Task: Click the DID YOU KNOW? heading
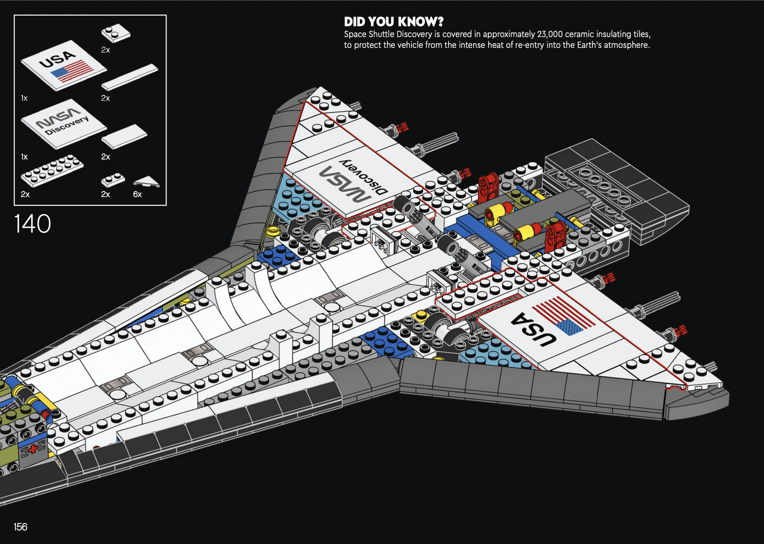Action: pyautogui.click(x=394, y=22)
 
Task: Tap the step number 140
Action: pyautogui.click(x=32, y=224)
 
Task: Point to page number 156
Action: pyautogui.click(x=20, y=527)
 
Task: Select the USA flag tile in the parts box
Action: pyautogui.click(x=63, y=65)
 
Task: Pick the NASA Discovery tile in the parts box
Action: pyautogui.click(x=63, y=124)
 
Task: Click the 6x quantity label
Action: pyautogui.click(x=137, y=195)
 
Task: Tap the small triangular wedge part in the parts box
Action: pyautogui.click(x=146, y=181)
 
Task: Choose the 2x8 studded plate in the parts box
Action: pyautogui.click(x=52, y=171)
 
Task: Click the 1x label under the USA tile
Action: pyautogui.click(x=24, y=98)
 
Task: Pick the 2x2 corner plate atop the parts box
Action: pyautogui.click(x=116, y=33)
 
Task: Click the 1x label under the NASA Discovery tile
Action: pyautogui.click(x=24, y=157)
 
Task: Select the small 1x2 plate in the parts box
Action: pyautogui.click(x=113, y=180)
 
